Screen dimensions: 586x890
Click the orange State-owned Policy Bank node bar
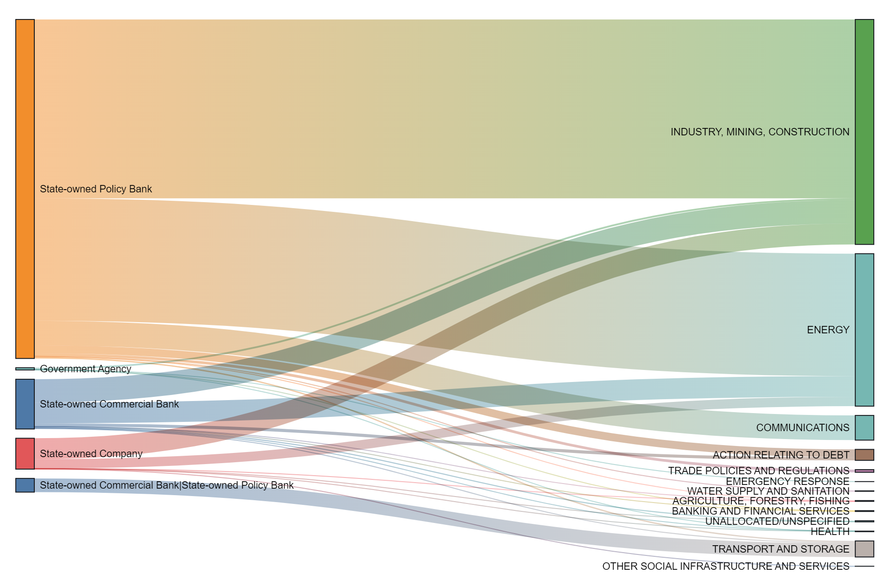pyautogui.click(x=25, y=189)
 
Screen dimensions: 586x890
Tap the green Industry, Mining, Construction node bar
pyautogui.click(x=864, y=132)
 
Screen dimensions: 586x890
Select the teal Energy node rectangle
pyautogui.click(x=864, y=330)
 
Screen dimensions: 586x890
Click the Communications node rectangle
pyautogui.click(x=864, y=427)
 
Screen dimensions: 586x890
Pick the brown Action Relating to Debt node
pyautogui.click(x=864, y=455)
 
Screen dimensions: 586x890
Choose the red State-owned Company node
pyautogui.click(x=25, y=453)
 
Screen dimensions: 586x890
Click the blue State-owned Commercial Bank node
pyautogui.click(x=25, y=404)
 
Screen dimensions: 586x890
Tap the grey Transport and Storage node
pyautogui.click(x=864, y=549)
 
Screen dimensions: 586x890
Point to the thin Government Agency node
pyautogui.click(x=25, y=369)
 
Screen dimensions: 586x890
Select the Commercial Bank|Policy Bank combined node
pyautogui.click(x=25, y=485)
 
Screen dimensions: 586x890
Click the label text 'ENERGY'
pyautogui.click(x=828, y=330)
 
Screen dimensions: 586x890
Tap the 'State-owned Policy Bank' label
pyautogui.click(x=95, y=189)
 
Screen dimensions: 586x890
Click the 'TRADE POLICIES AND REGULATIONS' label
pyautogui.click(x=758, y=471)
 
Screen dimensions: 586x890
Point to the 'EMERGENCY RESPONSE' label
pyautogui.click(x=787, y=481)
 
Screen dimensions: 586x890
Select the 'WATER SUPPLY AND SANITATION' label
pyautogui.click(x=768, y=491)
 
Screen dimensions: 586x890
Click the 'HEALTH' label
pyautogui.click(x=830, y=531)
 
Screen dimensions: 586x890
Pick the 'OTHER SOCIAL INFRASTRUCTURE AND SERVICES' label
pyautogui.click(x=725, y=566)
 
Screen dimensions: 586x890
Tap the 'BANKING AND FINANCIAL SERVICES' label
pyautogui.click(x=760, y=511)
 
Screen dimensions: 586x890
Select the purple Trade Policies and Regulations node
pyautogui.click(x=864, y=471)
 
